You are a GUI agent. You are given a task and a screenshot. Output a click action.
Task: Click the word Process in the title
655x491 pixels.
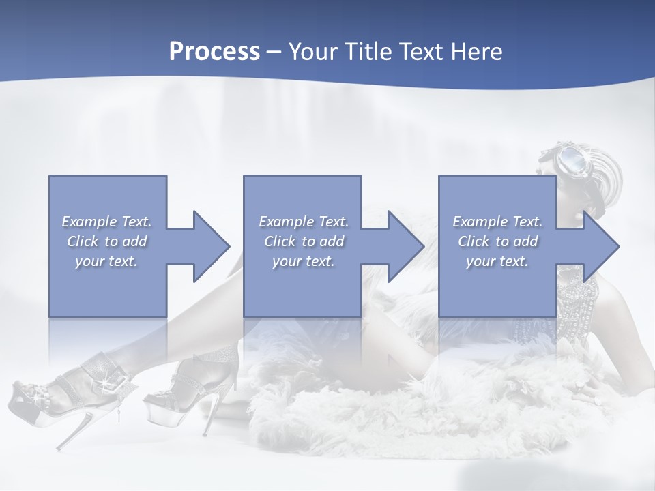[214, 52]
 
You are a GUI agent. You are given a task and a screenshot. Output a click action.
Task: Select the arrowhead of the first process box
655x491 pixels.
[212, 246]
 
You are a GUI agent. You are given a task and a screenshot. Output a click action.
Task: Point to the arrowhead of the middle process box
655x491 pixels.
[406, 246]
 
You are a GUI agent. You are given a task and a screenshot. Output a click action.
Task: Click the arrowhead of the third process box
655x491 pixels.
[601, 246]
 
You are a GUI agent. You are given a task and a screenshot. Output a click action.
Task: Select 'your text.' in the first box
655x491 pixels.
[106, 261]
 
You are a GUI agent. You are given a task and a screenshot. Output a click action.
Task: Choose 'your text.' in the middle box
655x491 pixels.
[304, 261]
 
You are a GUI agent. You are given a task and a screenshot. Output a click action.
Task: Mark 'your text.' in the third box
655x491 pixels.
[497, 261]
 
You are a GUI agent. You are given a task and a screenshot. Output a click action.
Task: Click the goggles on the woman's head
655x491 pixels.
[572, 159]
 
